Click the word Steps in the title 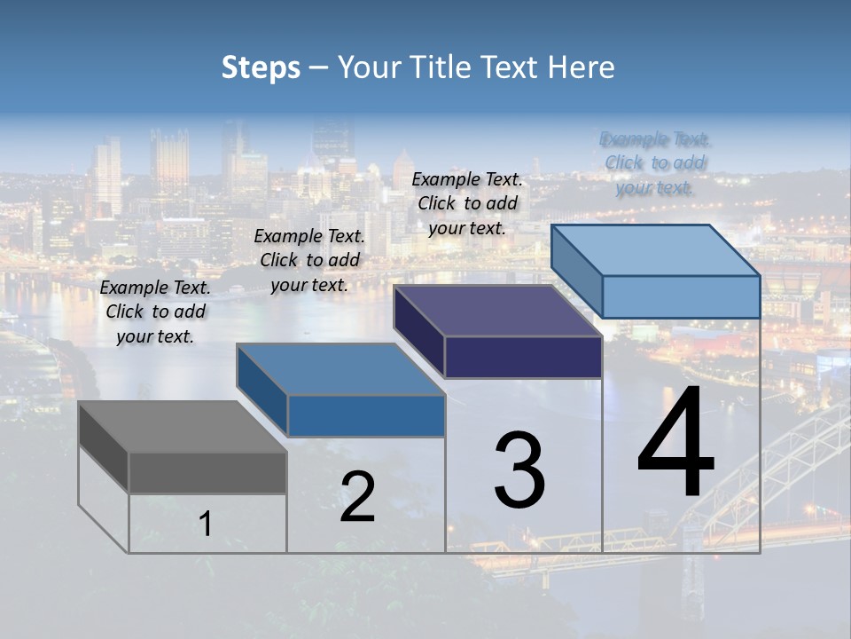pos(261,67)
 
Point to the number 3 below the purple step pos(519,470)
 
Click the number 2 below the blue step pos(357,498)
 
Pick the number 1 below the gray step pos(206,525)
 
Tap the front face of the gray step pos(207,473)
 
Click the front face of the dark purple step pos(523,357)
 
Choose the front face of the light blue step pos(681,296)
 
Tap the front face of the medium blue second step pos(366,415)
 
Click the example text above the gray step pos(155,312)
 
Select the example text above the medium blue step pos(309,260)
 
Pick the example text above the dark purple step pos(467,203)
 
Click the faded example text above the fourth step pos(655,163)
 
